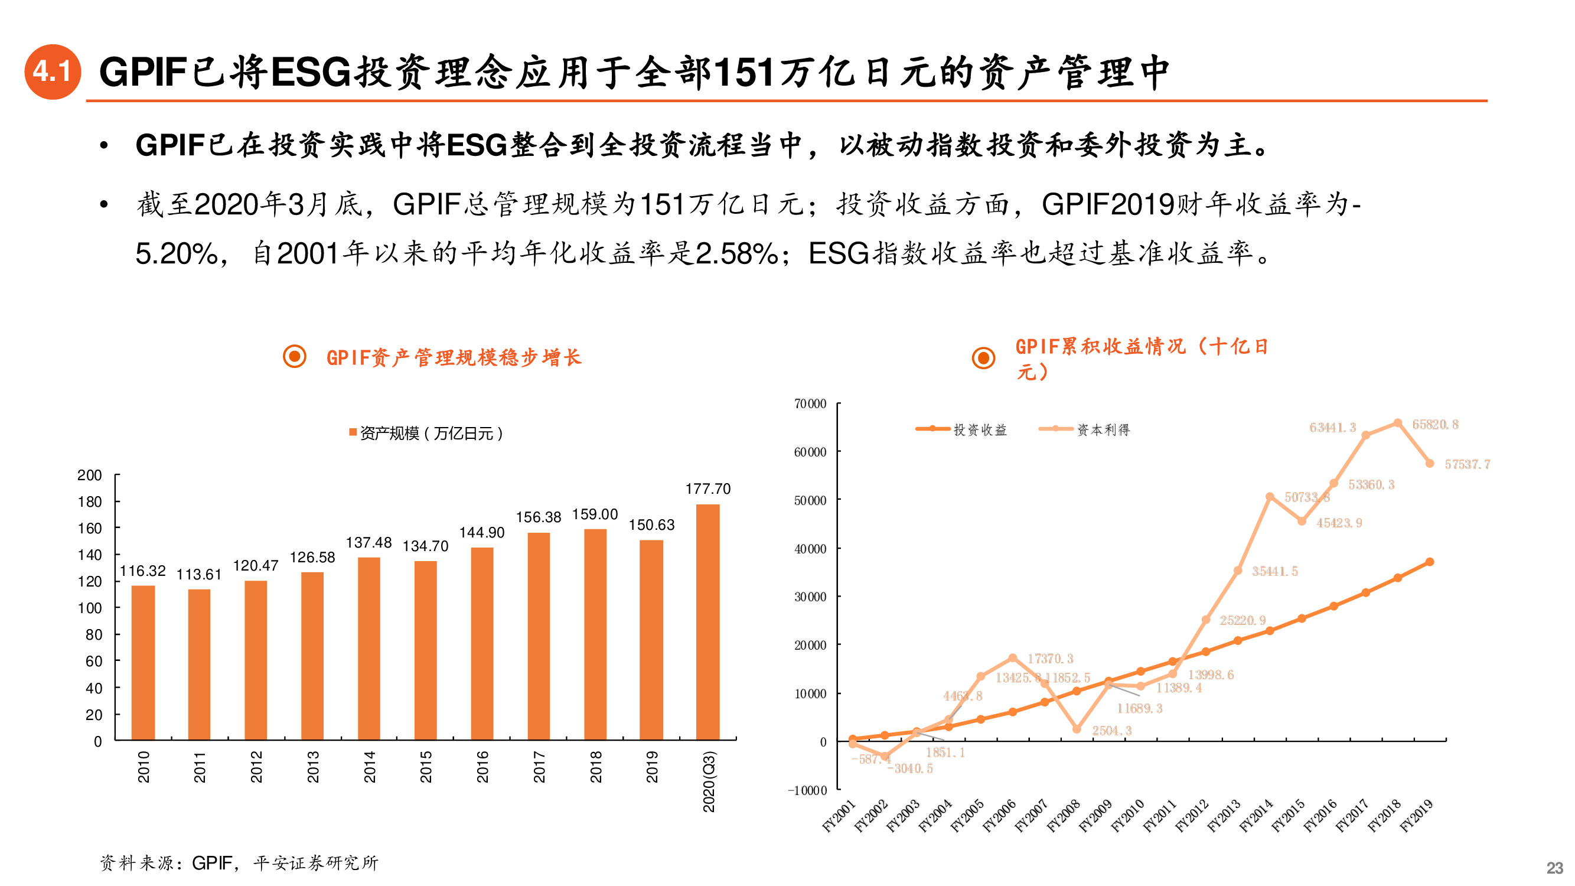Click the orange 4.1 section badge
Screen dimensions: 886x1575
pyautogui.click(x=53, y=71)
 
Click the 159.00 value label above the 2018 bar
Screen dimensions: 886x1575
pyautogui.click(x=594, y=514)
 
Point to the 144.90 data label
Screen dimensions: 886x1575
pyautogui.click(x=482, y=533)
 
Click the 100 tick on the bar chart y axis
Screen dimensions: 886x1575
pyautogui.click(x=89, y=608)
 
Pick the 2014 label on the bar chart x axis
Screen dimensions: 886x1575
pyautogui.click(x=369, y=767)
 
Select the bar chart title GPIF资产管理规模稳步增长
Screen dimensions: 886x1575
pyautogui.click(x=453, y=357)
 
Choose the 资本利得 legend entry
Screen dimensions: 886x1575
pyautogui.click(x=1103, y=430)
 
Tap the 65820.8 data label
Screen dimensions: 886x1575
pyautogui.click(x=1434, y=424)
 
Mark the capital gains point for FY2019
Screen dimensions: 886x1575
pyautogui.click(x=1430, y=464)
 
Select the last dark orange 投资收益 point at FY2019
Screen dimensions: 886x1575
pyautogui.click(x=1430, y=562)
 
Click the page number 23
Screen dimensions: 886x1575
pyautogui.click(x=1554, y=868)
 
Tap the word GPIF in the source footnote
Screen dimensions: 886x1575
pyautogui.click(x=211, y=863)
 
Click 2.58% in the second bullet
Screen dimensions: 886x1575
pyautogui.click(x=736, y=254)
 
